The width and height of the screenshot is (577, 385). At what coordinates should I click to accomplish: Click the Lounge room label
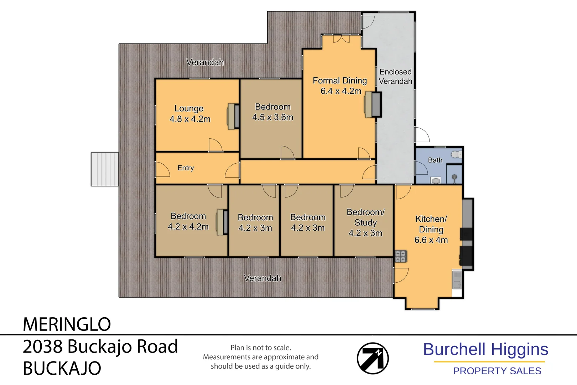tap(189, 108)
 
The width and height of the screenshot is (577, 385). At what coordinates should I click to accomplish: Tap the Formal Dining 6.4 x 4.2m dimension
tap(341, 91)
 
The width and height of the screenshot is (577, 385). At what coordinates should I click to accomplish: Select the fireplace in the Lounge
tap(234, 117)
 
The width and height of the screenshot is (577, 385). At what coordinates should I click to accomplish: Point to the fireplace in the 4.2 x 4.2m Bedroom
tap(222, 222)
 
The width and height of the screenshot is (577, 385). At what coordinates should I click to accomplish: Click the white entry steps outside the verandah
tap(105, 169)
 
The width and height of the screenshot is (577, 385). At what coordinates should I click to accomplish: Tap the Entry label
tap(186, 168)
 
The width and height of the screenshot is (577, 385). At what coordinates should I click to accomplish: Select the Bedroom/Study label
tap(365, 217)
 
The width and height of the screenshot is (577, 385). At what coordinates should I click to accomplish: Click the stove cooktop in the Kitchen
tap(401, 256)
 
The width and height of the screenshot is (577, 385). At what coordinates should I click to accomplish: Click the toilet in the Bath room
tap(456, 154)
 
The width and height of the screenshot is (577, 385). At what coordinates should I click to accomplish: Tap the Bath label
tap(435, 160)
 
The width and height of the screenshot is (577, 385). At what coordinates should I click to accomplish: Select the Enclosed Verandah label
tap(395, 77)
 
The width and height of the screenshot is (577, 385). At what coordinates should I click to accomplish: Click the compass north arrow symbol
tap(373, 358)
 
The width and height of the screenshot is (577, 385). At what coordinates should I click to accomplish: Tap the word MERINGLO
tap(67, 324)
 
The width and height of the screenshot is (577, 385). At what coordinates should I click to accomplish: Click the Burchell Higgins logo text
tap(485, 350)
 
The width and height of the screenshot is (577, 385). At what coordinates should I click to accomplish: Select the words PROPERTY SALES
tap(497, 371)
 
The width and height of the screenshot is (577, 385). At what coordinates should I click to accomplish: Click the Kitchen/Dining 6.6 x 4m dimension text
tap(431, 240)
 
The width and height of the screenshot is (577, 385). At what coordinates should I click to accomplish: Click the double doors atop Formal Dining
tap(341, 38)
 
